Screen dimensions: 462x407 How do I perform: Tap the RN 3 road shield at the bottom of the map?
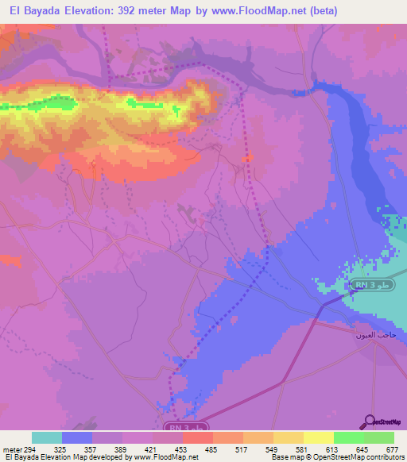[x=181, y=426]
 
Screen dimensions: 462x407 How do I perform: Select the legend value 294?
[x=31, y=449]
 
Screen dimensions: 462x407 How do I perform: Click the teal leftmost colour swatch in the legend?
[x=47, y=437]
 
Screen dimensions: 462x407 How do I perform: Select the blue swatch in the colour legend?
[x=77, y=437]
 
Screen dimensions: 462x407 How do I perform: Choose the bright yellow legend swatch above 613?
[x=319, y=437]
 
